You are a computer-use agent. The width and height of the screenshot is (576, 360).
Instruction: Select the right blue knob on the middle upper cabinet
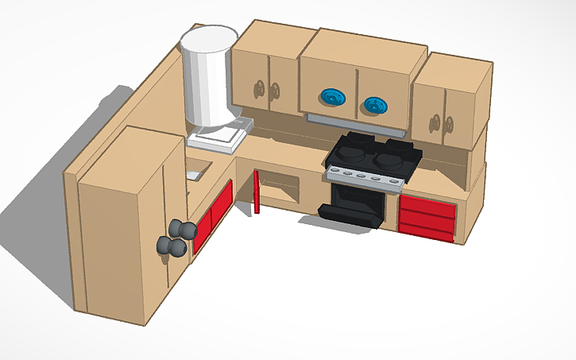pos(374,104)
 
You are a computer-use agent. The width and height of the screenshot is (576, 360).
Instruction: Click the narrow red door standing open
pos(257,192)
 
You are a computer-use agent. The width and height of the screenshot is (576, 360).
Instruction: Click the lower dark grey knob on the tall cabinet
pos(171,247)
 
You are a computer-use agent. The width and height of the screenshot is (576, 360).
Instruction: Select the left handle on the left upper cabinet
pos(257,87)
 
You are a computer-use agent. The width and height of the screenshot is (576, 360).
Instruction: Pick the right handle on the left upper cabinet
pos(275,91)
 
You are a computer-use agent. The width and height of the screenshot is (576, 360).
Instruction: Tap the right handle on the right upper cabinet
pos(449,125)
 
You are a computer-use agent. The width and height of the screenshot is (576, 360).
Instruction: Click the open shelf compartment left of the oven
pos(282,191)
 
